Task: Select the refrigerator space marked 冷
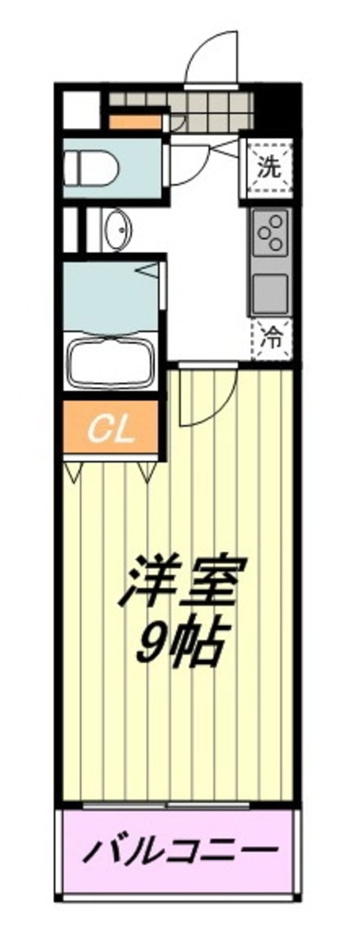(x=272, y=340)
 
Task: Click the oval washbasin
(x=116, y=230)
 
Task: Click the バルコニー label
(x=180, y=850)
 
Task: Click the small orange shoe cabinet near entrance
(x=135, y=122)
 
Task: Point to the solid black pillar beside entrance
(x=276, y=108)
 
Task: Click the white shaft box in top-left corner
(x=80, y=109)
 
